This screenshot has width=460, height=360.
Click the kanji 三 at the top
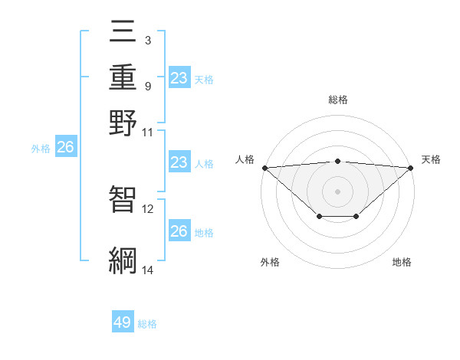123,32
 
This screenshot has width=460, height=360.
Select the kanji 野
123,123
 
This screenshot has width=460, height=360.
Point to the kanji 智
123,199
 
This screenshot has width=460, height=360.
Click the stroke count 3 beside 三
147,40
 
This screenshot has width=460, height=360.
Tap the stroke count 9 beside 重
147,86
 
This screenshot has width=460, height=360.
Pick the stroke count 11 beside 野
148,132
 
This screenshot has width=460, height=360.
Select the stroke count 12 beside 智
148,208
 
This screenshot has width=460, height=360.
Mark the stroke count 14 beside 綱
148,270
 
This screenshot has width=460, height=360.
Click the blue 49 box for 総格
123,322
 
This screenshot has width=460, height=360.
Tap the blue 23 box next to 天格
179,78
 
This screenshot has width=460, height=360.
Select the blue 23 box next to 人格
179,162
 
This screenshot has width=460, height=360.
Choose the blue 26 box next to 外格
65,148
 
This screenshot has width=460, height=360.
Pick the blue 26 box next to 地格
179,231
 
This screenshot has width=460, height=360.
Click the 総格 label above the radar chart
338,100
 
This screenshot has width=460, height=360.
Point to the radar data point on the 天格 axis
412,168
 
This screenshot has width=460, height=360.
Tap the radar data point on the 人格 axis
264,168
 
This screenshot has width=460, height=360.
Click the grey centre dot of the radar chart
338,191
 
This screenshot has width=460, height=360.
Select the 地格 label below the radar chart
402,262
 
